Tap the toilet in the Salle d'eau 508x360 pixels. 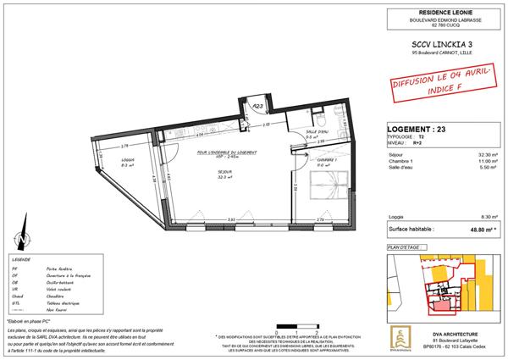(336, 117)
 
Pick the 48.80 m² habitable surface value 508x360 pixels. (483, 252)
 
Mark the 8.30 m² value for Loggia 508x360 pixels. (485, 240)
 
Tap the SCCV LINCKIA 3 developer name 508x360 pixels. (428, 42)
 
